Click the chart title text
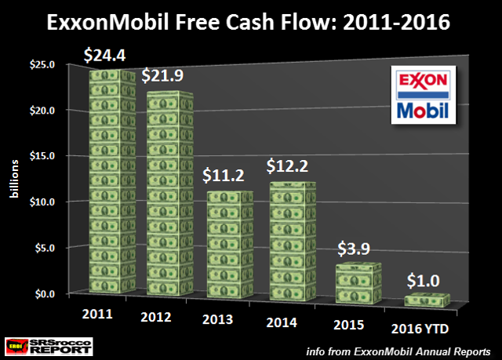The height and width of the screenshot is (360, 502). (251, 22)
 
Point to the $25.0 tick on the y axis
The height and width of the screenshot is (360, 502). (42, 64)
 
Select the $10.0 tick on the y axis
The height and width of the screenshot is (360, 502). (42, 202)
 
